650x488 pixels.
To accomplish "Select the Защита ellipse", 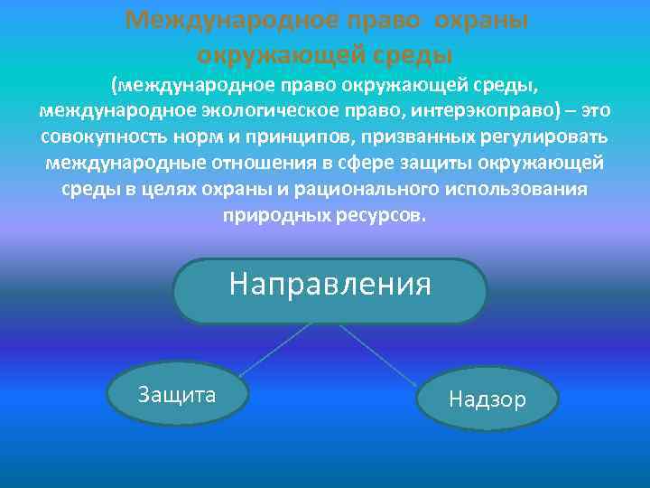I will (177, 395).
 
